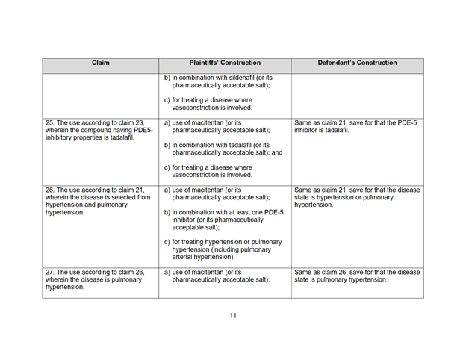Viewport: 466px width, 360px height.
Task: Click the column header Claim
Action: (x=100, y=63)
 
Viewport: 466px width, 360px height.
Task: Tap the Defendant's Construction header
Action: (x=357, y=63)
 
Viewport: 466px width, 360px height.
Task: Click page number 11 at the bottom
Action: (x=233, y=316)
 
